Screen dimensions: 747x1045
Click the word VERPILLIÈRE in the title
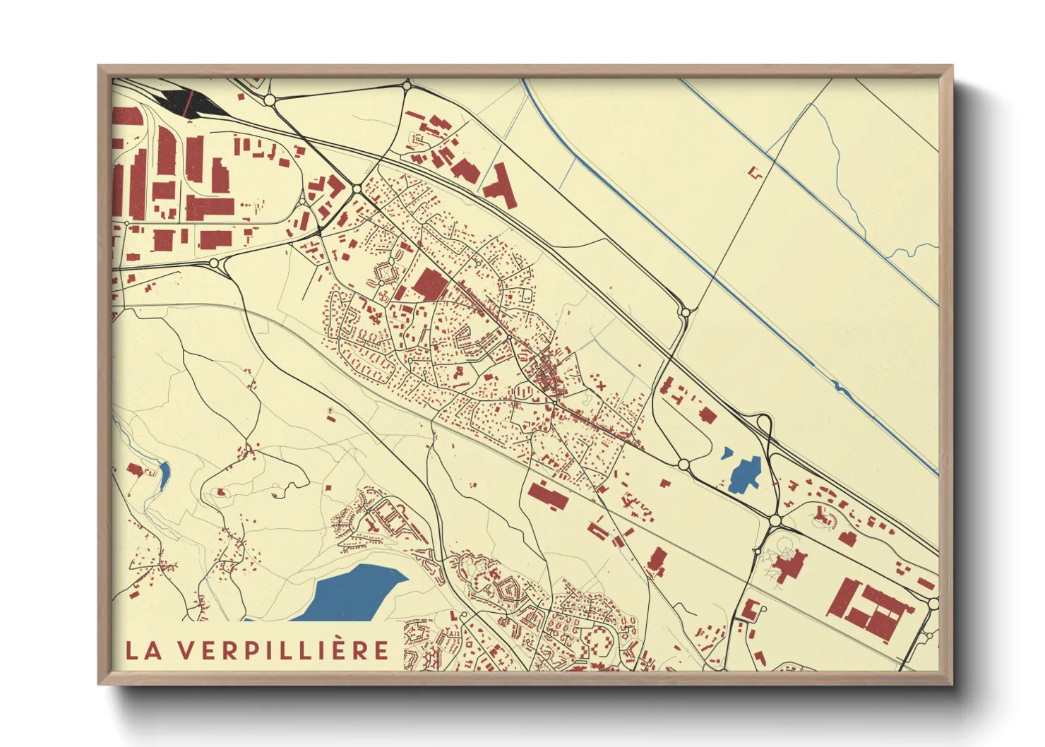coord(282,650)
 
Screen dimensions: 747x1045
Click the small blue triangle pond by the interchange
coord(727,453)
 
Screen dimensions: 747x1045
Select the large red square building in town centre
coord(430,285)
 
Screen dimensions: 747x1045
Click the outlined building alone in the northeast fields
coord(756,172)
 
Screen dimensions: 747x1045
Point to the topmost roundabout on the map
coord(407,85)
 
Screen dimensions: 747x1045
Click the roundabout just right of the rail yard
coord(269,100)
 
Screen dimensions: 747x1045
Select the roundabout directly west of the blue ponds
coord(683,464)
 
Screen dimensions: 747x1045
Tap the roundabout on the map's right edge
coord(933,604)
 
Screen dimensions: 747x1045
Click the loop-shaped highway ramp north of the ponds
coord(763,426)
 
